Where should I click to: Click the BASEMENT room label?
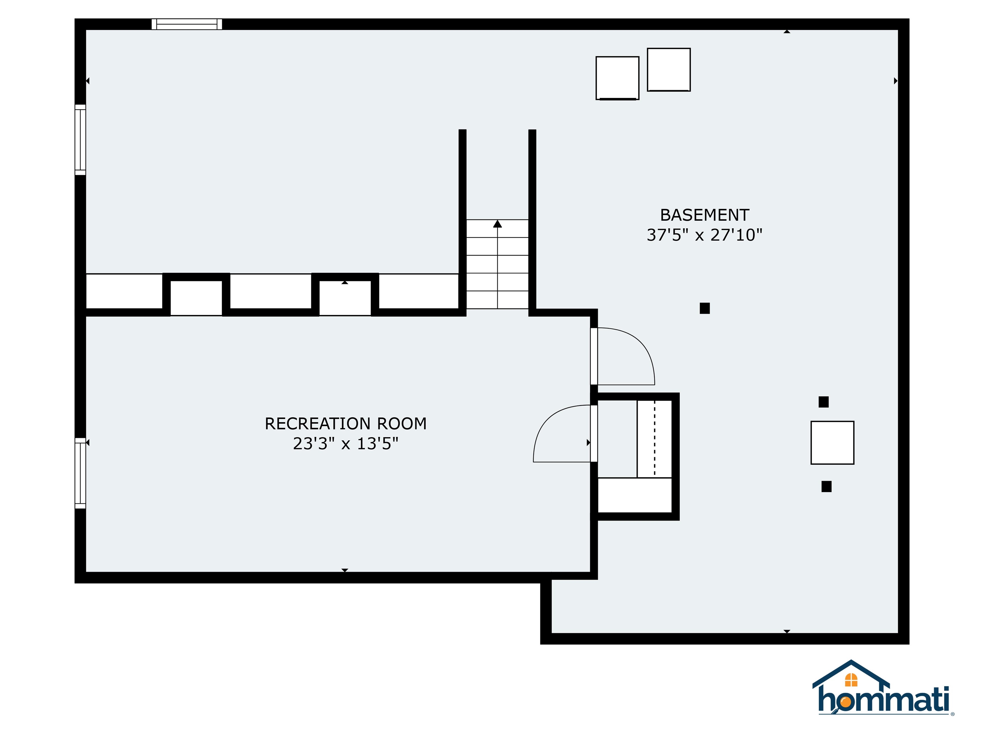tap(704, 215)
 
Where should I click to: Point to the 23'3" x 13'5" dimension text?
tap(346, 444)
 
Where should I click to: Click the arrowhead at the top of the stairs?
tap(497, 224)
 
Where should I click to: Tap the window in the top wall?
tap(187, 24)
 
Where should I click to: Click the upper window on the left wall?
tap(80, 140)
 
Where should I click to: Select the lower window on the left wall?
tap(80, 473)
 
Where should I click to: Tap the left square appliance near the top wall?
tap(618, 78)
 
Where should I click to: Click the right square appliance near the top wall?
tap(668, 70)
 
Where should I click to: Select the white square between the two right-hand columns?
tap(832, 443)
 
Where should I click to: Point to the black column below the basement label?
tap(705, 308)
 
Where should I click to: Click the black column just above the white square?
tap(824, 402)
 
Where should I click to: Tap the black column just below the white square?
tap(826, 487)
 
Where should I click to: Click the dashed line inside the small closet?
tap(654, 438)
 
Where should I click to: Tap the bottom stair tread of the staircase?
tap(497, 300)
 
